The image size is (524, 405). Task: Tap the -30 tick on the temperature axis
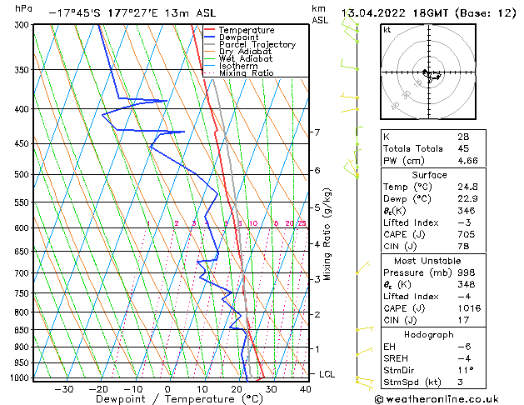(64, 389)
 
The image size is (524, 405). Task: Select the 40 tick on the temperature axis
(306, 389)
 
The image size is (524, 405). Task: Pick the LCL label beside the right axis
(327, 374)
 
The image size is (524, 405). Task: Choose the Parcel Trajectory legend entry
(257, 45)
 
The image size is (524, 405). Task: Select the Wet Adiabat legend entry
(247, 59)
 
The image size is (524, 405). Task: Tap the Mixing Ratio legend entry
(248, 73)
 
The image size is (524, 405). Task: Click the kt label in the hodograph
(387, 30)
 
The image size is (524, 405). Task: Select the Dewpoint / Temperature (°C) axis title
(169, 400)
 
